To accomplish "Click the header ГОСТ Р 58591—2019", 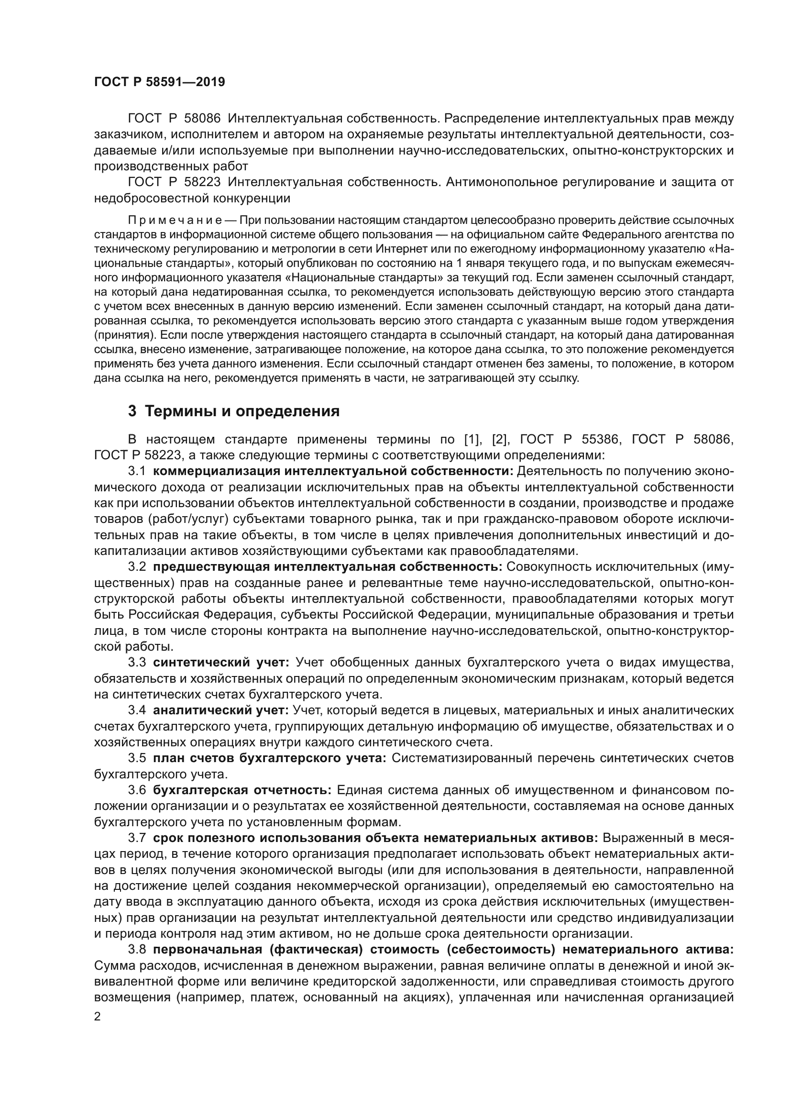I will coord(159,82).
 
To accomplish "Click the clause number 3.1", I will coord(137,471).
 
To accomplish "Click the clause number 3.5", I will coord(137,758).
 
